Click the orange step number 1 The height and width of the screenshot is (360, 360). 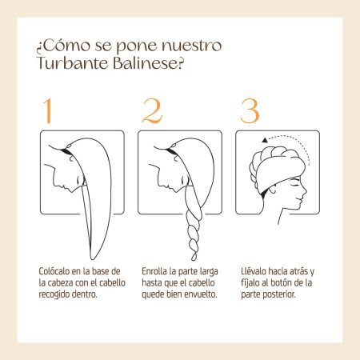tap(48, 111)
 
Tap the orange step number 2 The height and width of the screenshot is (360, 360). tap(152, 111)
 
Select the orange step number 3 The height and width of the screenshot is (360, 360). tap(250, 111)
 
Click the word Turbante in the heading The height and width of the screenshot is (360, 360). tap(73, 63)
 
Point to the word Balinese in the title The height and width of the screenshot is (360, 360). tap(145, 63)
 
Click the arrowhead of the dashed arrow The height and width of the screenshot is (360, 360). tap(265, 140)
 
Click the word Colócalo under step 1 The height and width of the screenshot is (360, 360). tap(54, 271)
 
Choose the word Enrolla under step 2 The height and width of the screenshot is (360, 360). tap(154, 271)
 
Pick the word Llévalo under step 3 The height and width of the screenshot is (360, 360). tap(254, 271)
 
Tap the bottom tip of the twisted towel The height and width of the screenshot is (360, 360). tap(194, 260)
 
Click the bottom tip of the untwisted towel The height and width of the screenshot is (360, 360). tap(92, 259)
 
